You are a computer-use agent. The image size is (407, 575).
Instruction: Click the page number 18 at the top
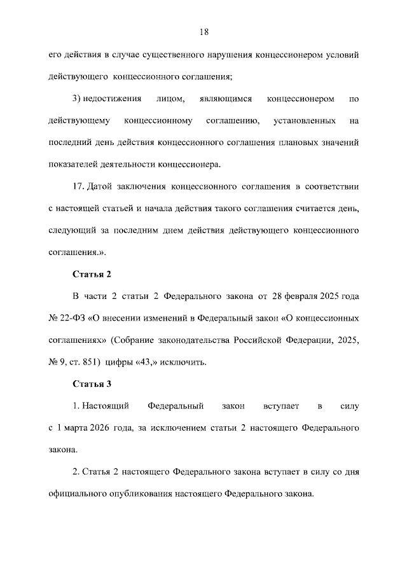coord(203,32)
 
